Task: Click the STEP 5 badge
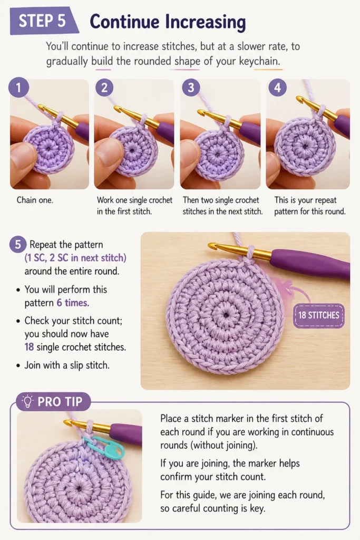pyautogui.click(x=43, y=21)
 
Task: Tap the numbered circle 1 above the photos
pyautogui.click(x=18, y=87)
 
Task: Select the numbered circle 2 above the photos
pyautogui.click(x=104, y=87)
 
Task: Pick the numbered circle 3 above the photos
pyautogui.click(x=191, y=87)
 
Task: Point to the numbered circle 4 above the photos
pyautogui.click(x=277, y=87)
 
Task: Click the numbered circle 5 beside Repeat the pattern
pyautogui.click(x=18, y=245)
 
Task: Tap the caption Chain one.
pyautogui.click(x=35, y=200)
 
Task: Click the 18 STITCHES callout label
pyautogui.click(x=319, y=315)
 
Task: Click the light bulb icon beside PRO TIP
pyautogui.click(x=27, y=401)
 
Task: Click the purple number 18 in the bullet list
pyautogui.click(x=29, y=347)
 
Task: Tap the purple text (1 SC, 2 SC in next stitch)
pyautogui.click(x=75, y=258)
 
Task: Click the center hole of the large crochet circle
pyautogui.click(x=226, y=314)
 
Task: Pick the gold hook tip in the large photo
pyautogui.click(x=211, y=246)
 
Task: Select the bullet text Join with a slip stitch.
pyautogui.click(x=67, y=365)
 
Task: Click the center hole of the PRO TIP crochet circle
pyautogui.click(x=80, y=488)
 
